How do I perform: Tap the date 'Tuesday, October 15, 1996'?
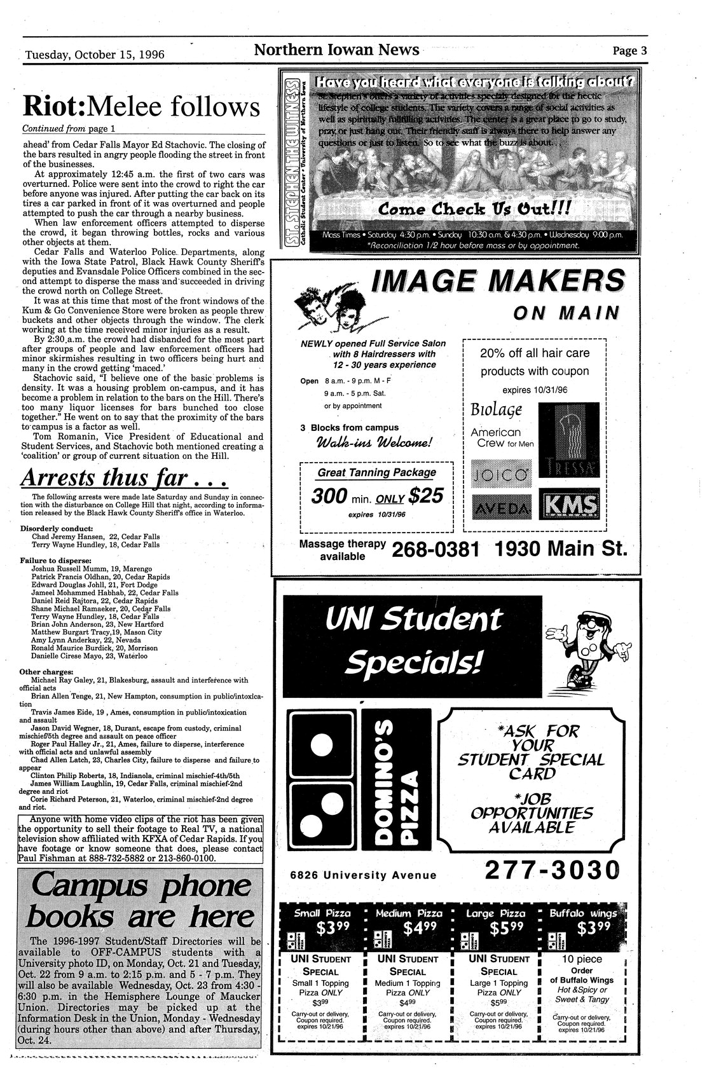(95, 55)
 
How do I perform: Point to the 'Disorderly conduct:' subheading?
(57, 528)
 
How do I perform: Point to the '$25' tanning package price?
(425, 495)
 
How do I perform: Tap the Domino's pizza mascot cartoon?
(587, 648)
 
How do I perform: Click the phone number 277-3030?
(551, 871)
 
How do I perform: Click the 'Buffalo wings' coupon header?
(582, 914)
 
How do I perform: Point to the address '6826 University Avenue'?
(363, 875)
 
